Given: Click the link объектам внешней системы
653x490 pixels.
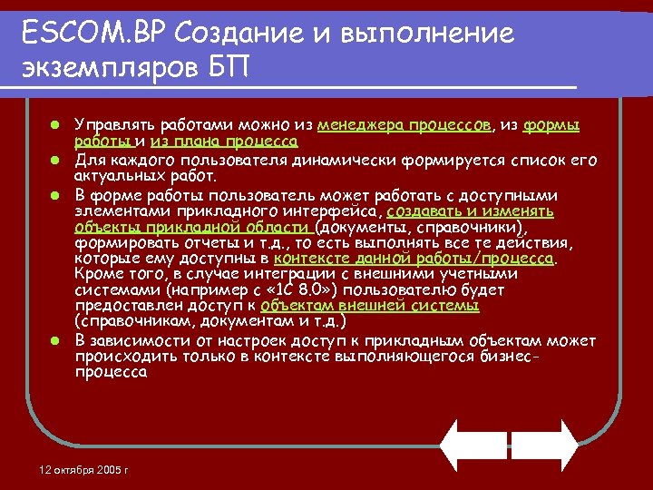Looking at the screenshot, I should [370, 306].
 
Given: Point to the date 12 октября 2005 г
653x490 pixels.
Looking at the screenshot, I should [84, 469].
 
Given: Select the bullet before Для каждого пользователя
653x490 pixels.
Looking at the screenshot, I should [55, 161].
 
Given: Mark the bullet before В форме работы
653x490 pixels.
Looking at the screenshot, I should [55, 195].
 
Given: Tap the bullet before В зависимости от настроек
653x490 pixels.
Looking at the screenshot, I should [55, 340].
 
